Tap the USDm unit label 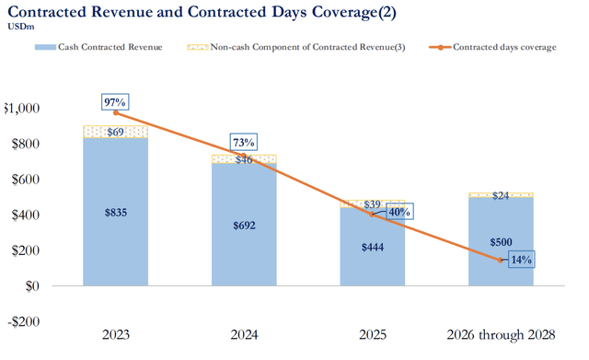(x=20, y=27)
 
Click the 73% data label (x=244, y=142)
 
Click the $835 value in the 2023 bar (x=117, y=212)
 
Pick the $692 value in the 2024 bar (x=245, y=225)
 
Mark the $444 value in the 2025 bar (x=372, y=247)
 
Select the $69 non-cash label (x=117, y=132)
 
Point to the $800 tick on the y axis (x=24, y=144)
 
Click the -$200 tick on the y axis (x=22, y=321)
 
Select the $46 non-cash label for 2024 (x=245, y=159)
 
